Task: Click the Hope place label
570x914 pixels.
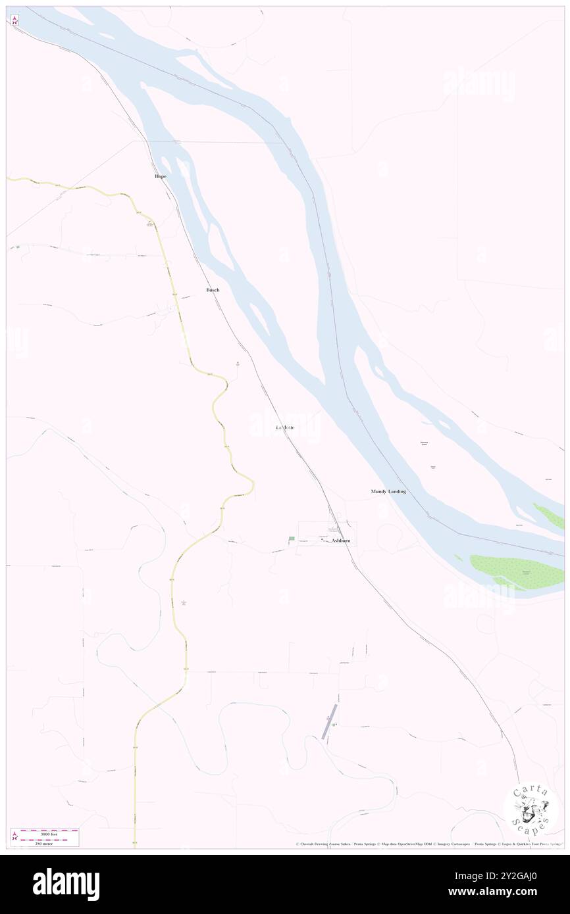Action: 160,177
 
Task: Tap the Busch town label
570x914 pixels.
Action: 213,290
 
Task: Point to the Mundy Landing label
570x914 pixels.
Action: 388,492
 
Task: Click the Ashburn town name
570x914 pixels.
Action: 341,541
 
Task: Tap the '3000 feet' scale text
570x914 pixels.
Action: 50,834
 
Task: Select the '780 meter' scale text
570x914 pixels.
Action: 50,844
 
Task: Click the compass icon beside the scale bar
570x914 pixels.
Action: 14,836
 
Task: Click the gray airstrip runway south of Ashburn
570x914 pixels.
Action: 329,721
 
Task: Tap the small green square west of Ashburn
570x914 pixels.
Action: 292,539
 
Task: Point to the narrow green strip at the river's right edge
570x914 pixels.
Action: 548,517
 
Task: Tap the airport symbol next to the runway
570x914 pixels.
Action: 334,725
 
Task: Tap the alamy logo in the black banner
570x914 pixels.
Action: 66,884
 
